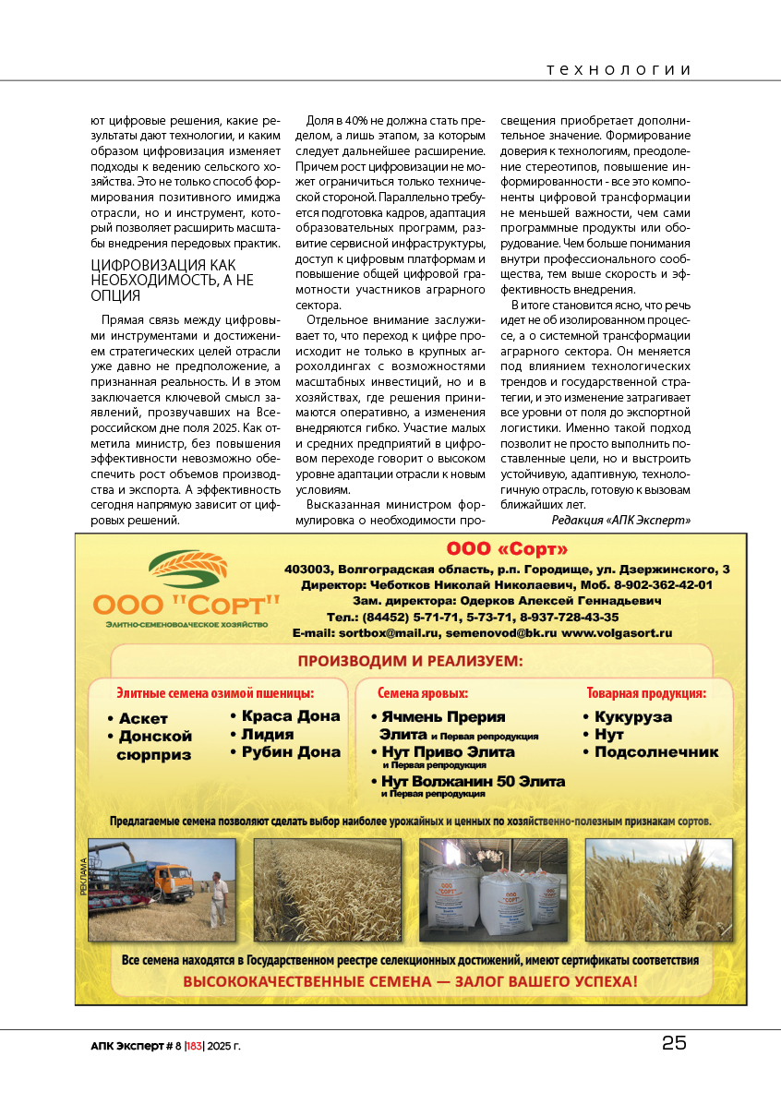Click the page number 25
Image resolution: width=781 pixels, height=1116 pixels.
click(674, 1043)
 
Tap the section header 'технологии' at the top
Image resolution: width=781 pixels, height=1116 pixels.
click(619, 70)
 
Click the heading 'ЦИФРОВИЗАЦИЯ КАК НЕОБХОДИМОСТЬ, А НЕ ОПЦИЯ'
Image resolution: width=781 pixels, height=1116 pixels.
click(172, 281)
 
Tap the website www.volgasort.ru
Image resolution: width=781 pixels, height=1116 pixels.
click(617, 633)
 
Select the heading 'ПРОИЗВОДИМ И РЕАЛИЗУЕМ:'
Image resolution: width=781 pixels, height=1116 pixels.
click(410, 661)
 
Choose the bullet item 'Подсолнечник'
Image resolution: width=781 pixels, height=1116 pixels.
click(655, 751)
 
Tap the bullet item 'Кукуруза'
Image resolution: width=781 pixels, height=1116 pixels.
click(632, 717)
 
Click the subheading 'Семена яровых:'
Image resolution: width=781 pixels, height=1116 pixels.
click(423, 692)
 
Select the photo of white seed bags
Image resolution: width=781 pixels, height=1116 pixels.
click(493, 890)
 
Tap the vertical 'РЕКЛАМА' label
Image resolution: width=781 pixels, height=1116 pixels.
click(83, 878)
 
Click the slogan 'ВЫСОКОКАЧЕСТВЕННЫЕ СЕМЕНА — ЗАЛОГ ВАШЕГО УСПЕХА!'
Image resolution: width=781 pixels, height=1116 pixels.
click(410, 980)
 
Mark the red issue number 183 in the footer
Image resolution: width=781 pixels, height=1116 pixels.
click(194, 1046)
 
